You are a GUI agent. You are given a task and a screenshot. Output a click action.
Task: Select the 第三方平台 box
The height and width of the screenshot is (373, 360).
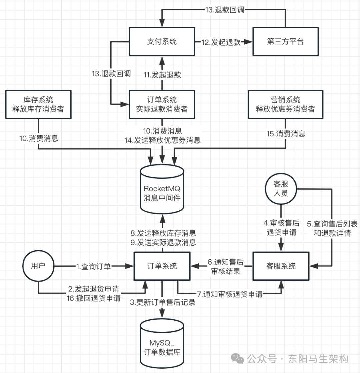[x=285, y=42]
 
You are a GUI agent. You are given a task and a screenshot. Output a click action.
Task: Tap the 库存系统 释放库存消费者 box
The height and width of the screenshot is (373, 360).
[x=39, y=104]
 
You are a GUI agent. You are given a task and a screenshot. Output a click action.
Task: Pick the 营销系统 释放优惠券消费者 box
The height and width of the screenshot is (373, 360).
[x=285, y=104]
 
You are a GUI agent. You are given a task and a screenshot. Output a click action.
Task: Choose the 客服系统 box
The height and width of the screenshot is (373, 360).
[x=281, y=266]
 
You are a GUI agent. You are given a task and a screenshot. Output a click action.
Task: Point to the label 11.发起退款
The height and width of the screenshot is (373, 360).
[x=162, y=75]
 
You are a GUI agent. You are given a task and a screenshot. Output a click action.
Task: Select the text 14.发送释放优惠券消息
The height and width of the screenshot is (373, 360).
[x=162, y=141]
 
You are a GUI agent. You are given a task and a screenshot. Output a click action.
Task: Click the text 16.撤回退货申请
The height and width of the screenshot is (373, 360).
[x=94, y=298]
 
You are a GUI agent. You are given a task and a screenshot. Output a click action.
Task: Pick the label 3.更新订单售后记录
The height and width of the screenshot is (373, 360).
[x=162, y=303]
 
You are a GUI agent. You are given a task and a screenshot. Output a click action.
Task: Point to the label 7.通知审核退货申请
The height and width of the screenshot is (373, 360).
[x=230, y=294]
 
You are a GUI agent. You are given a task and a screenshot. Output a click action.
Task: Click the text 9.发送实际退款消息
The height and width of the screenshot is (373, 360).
[x=162, y=242]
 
